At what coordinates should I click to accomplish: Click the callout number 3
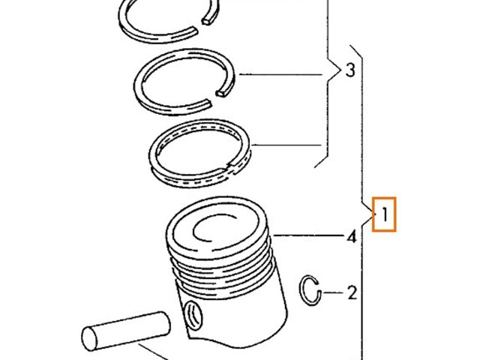[350, 70]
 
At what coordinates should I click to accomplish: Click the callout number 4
[352, 236]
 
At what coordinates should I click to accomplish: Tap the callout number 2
[352, 292]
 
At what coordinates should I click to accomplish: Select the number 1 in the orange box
[385, 214]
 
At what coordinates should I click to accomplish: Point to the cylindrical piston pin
[126, 331]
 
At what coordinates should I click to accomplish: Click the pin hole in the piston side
[193, 315]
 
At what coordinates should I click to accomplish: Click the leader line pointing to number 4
[308, 235]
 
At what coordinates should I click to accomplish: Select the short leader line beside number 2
[333, 292]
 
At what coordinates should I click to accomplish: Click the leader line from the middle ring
[280, 74]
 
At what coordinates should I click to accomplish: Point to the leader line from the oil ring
[286, 145]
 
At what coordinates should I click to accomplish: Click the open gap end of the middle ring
[223, 93]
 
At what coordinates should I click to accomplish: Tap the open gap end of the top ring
[208, 21]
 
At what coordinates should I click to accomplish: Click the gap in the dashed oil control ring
[230, 166]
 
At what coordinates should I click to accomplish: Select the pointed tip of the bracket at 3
[340, 70]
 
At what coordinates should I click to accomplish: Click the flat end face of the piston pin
[89, 339]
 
